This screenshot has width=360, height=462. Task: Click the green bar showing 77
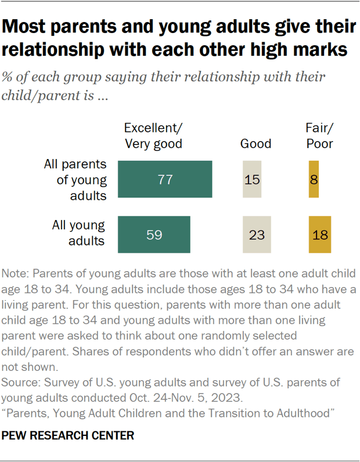[x=165, y=180]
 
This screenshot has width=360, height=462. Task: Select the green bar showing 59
[x=154, y=234]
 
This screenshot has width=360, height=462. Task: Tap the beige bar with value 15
[x=252, y=180]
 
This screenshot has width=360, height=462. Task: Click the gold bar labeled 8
[x=314, y=180]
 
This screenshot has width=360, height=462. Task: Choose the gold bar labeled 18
[x=319, y=234]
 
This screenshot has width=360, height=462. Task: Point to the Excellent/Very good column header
[x=153, y=136]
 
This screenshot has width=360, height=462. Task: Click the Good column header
[x=255, y=143]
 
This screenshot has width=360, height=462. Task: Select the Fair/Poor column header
[x=319, y=136]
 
